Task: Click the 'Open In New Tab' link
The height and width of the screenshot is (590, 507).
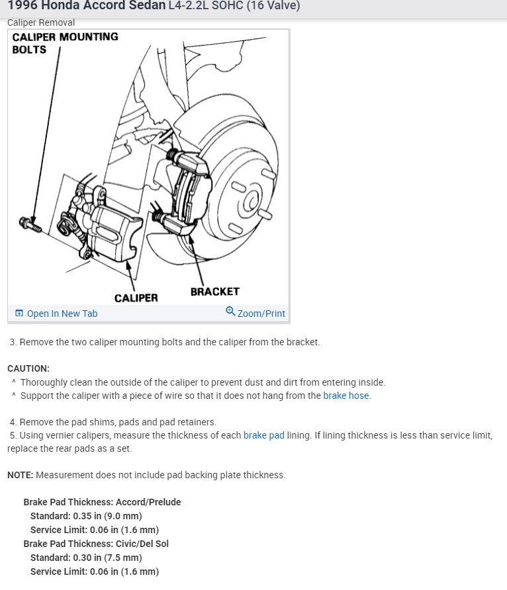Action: [x=62, y=314]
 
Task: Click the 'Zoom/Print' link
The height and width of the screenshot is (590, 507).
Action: [x=261, y=314]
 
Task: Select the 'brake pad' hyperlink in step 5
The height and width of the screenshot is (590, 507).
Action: [x=263, y=435]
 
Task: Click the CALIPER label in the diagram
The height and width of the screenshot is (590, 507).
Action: [x=136, y=298]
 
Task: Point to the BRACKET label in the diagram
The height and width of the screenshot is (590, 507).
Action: [x=214, y=291]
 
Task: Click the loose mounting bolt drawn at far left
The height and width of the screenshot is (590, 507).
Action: [x=30, y=224]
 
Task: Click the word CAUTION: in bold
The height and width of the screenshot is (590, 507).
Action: [x=28, y=368]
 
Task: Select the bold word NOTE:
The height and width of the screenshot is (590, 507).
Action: [x=21, y=475]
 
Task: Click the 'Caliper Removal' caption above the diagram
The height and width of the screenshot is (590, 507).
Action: [x=40, y=22]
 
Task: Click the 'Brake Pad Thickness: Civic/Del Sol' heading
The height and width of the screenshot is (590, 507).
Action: [x=96, y=544]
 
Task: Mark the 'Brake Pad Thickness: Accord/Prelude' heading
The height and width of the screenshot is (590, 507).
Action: [x=102, y=502]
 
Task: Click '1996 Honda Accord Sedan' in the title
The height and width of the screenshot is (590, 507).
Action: [x=86, y=6]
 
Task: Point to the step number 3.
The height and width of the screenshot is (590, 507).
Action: [x=13, y=343]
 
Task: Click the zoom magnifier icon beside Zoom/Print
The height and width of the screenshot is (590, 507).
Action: [x=230, y=312]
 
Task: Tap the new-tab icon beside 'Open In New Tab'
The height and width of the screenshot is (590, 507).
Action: [x=19, y=314]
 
